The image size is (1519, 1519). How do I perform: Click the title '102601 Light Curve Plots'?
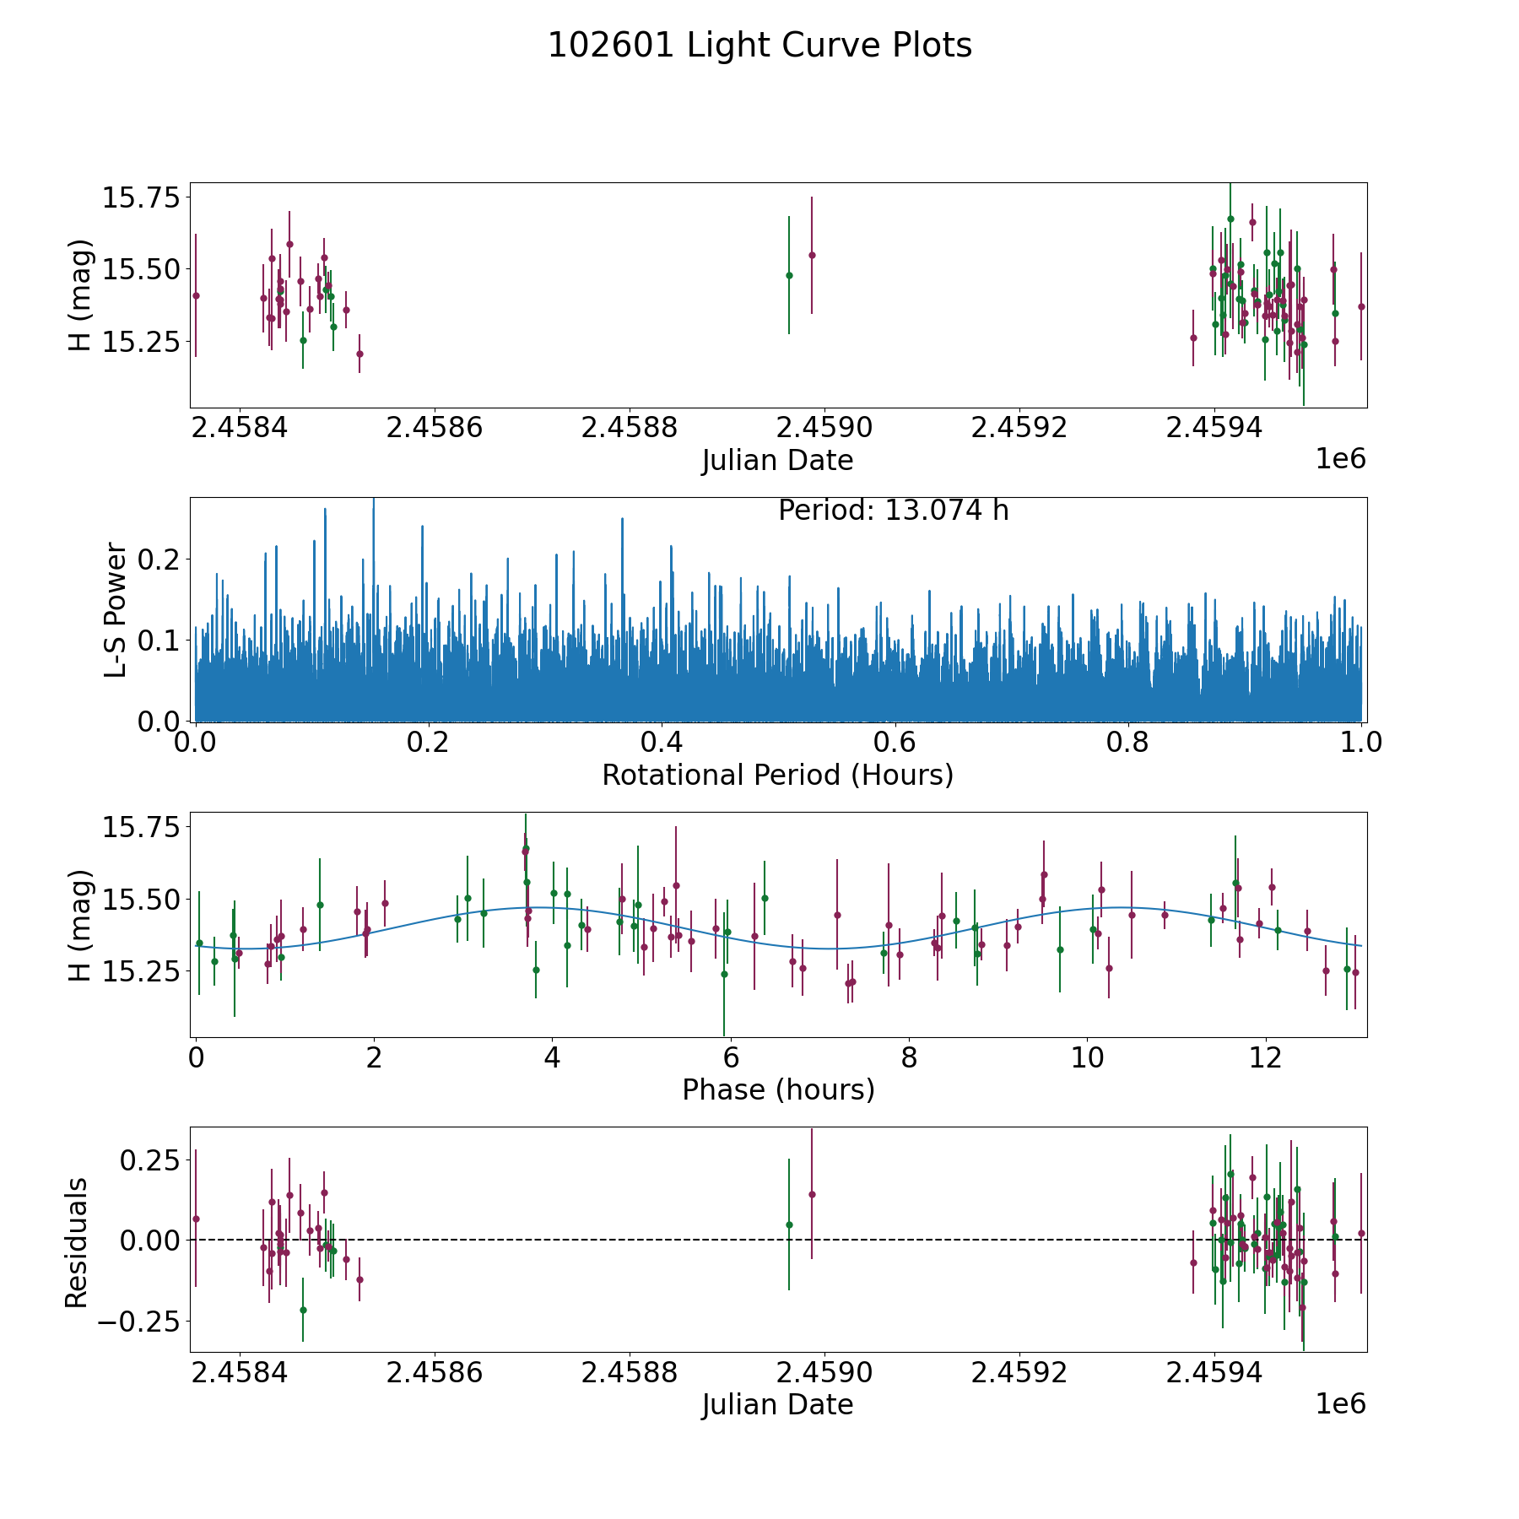tap(759, 46)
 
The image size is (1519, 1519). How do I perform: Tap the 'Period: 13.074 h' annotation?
tap(893, 511)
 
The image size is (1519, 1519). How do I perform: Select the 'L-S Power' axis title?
tap(116, 610)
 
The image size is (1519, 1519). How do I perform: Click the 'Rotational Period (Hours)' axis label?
tap(777, 775)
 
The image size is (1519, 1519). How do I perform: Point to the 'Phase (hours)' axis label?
tap(778, 1089)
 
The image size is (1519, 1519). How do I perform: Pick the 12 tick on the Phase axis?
tap(1266, 1058)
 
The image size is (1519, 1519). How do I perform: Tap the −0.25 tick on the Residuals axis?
tap(138, 1321)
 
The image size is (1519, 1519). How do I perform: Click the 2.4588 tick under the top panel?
tap(630, 428)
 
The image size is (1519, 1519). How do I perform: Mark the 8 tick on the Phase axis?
tap(909, 1058)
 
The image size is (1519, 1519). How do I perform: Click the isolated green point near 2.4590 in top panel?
tap(789, 275)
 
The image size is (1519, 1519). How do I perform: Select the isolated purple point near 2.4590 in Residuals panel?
tap(812, 1194)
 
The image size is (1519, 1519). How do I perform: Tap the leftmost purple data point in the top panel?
tap(196, 295)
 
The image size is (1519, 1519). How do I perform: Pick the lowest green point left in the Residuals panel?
tap(303, 1310)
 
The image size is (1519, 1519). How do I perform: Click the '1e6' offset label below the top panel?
tap(1340, 459)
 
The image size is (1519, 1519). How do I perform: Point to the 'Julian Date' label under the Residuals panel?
tap(777, 1404)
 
